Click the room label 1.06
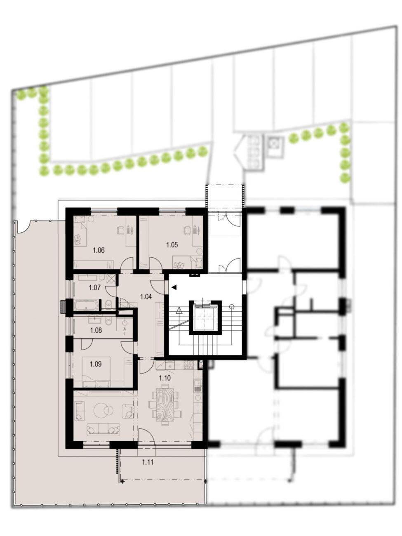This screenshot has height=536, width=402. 99,250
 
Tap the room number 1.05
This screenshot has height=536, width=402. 172,244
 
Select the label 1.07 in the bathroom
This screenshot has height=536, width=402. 95,288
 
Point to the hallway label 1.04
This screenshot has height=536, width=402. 146,297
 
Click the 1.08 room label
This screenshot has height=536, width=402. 96,330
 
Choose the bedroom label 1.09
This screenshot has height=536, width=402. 96,364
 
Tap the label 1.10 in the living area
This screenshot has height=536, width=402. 165,378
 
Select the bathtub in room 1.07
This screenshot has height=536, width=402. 87,305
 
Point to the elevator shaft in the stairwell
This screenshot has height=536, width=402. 205,318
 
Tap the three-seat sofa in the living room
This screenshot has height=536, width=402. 103,430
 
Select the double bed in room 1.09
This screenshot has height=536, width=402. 96,372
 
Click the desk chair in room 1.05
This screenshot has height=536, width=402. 187,230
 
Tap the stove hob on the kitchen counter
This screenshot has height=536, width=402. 188,365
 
